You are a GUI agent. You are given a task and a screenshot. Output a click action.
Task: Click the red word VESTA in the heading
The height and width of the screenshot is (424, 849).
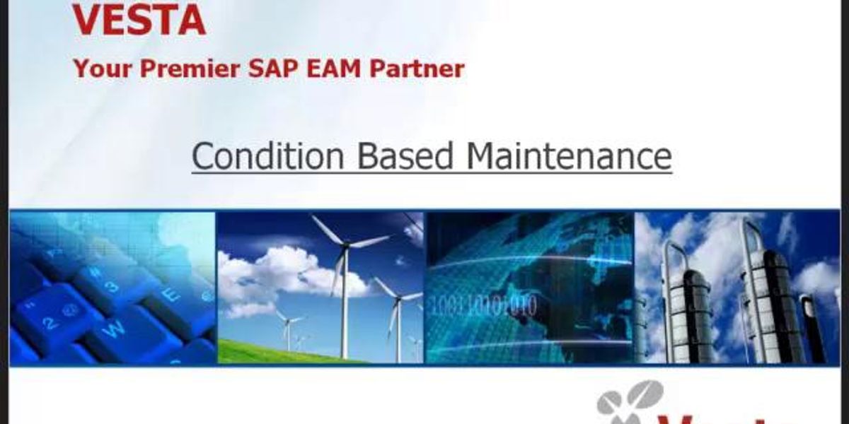point(139,21)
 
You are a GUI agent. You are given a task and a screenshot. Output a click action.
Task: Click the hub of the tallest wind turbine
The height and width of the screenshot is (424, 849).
point(345,245)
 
